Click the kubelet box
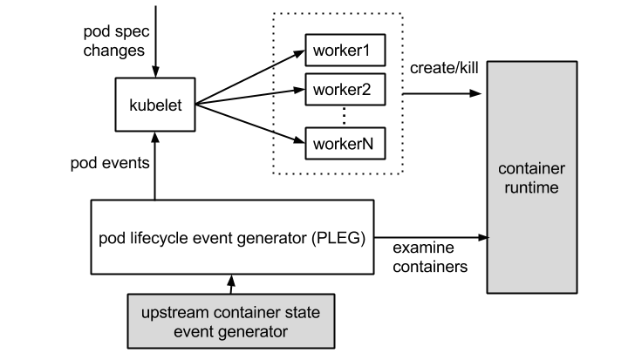[x=155, y=105]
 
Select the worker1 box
[x=342, y=51]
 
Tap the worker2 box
[x=342, y=89]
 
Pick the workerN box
[x=342, y=142]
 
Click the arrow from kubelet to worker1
[x=249, y=77]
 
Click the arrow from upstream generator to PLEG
[x=230, y=285]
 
